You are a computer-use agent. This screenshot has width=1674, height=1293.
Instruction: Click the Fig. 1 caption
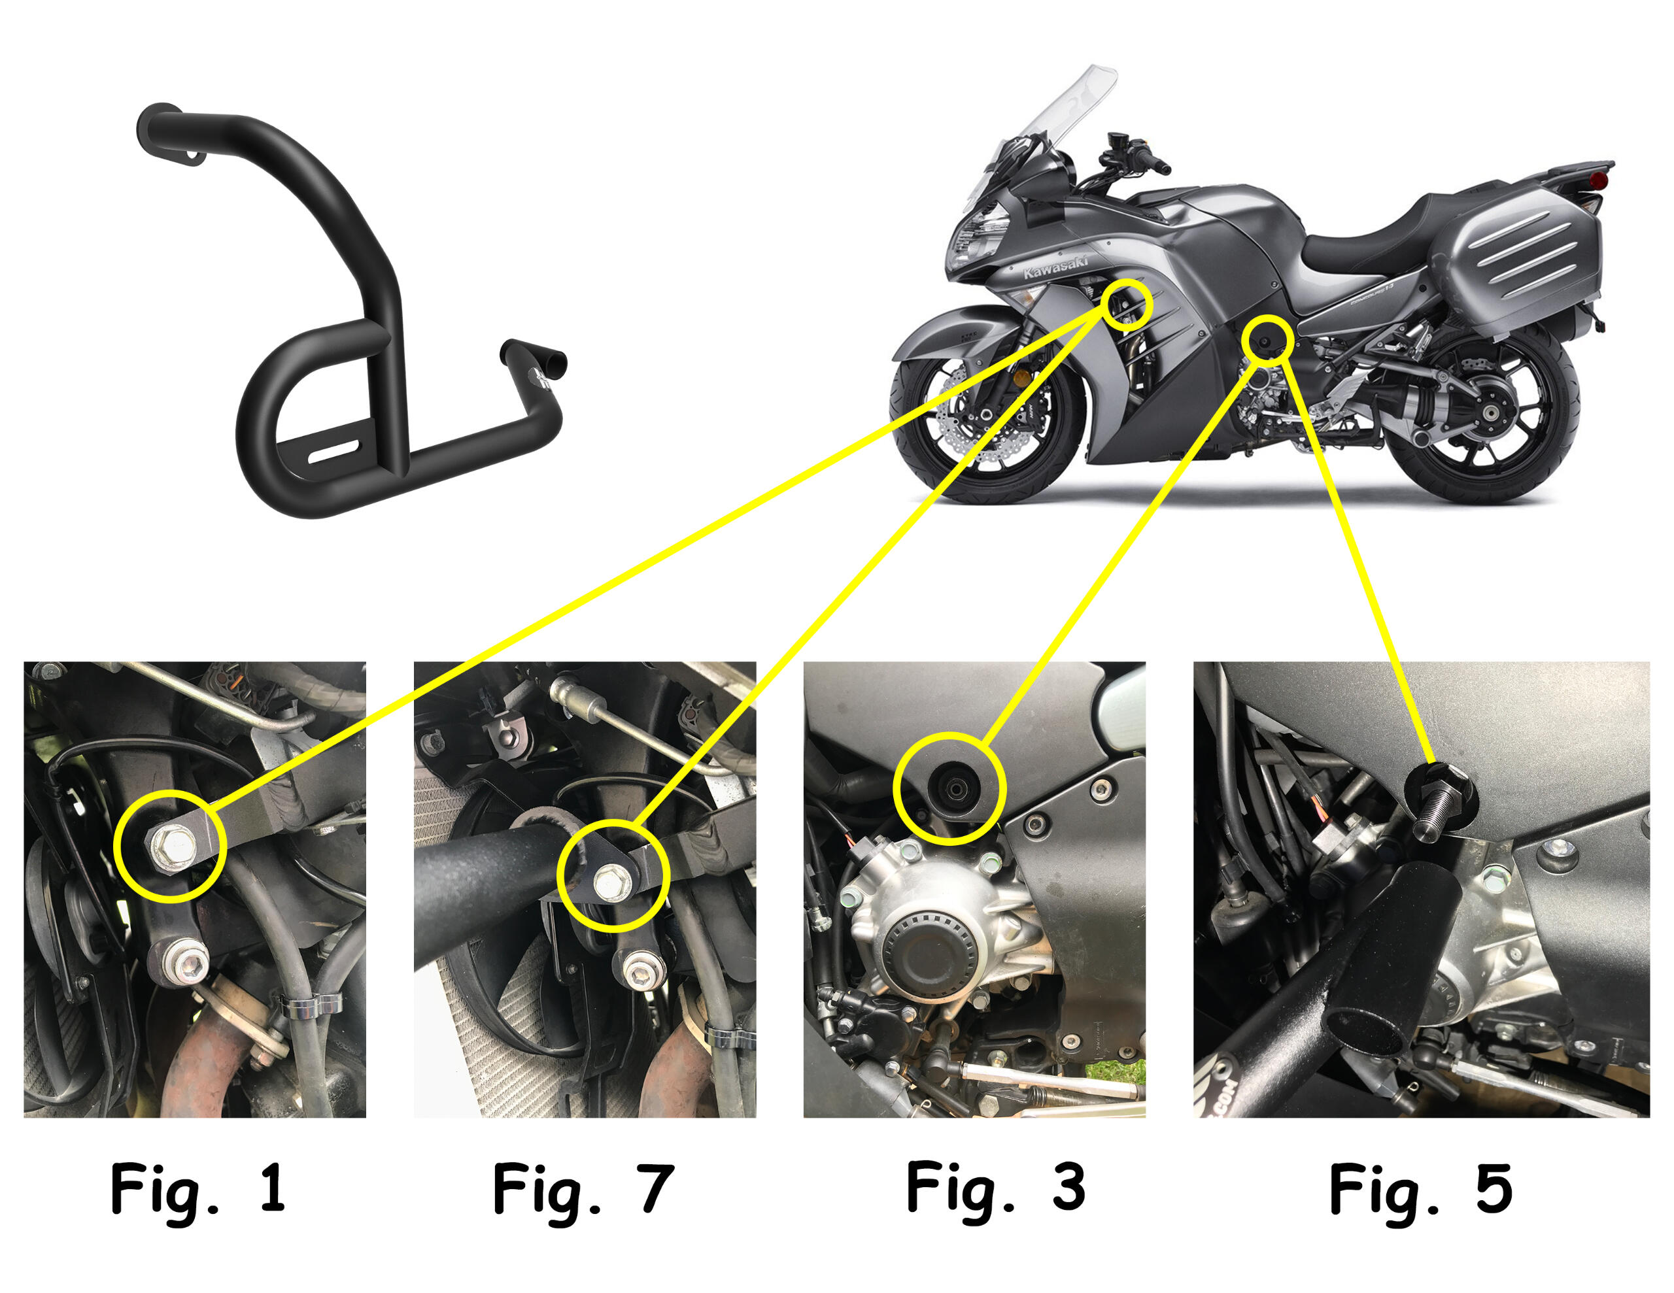pyautogui.click(x=197, y=1189)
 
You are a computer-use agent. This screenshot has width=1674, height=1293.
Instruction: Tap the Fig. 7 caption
pyautogui.click(x=583, y=1189)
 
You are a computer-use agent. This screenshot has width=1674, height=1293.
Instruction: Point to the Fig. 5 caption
pyautogui.click(x=1420, y=1189)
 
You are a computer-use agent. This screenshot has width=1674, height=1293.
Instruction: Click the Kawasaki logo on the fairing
pyautogui.click(x=1055, y=267)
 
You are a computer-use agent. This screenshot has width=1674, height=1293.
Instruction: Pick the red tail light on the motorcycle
pyautogui.click(x=1599, y=180)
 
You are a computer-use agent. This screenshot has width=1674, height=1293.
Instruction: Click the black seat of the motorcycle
pyautogui.click(x=1372, y=237)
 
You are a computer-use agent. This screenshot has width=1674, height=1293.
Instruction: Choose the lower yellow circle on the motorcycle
pyautogui.click(x=1265, y=338)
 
